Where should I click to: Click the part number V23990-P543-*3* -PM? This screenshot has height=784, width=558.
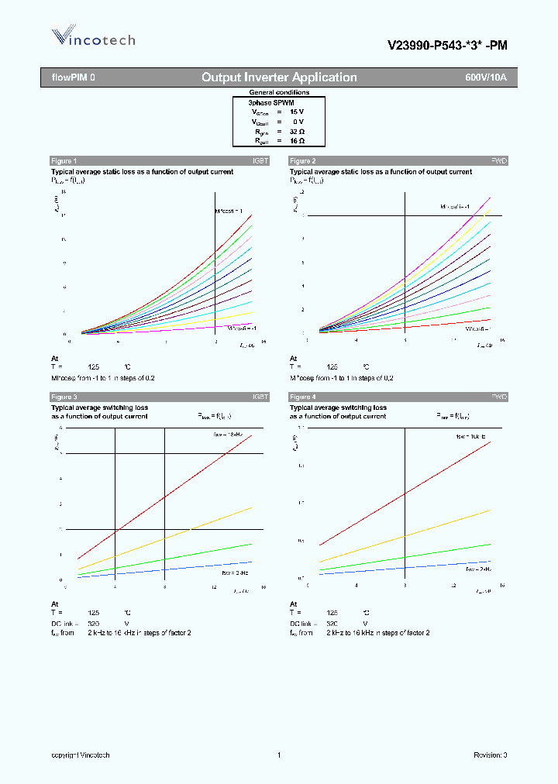tap(447, 45)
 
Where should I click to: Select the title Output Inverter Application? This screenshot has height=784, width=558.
tap(279, 77)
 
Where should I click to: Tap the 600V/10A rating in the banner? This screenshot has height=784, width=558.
tap(486, 77)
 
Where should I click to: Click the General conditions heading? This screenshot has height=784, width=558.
tap(279, 92)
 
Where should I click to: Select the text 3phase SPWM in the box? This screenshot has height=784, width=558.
tap(271, 102)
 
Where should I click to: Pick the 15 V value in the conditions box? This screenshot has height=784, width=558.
tap(298, 112)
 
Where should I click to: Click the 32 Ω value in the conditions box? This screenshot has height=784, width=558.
tap(298, 132)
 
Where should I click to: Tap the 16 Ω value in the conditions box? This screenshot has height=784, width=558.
tap(298, 142)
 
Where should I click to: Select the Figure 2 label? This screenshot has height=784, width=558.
tap(302, 160)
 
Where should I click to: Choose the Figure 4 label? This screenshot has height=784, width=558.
tap(302, 397)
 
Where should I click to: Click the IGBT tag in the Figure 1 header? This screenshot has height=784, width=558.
tap(260, 160)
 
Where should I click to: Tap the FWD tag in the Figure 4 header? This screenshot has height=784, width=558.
tap(499, 397)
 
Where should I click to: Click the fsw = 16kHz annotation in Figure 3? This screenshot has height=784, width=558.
tap(229, 435)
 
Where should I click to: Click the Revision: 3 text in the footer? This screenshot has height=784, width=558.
tap(490, 755)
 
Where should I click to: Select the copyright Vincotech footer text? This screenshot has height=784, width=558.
tap(81, 755)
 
